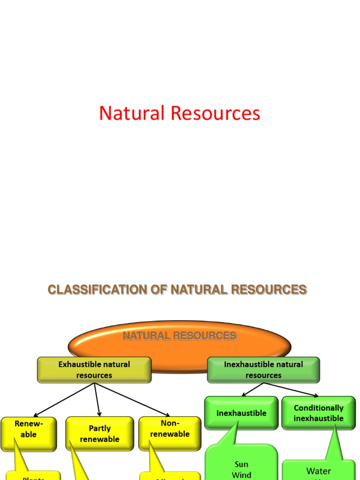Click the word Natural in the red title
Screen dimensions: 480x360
coord(132,113)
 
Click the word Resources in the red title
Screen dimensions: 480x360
coord(215,113)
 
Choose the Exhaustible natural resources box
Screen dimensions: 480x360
coord(94,370)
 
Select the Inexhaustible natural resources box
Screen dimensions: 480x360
coord(263,370)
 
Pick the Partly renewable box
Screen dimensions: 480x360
coord(99,434)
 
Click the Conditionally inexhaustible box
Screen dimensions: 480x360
coord(318,413)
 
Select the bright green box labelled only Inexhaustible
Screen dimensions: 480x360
coord(241,413)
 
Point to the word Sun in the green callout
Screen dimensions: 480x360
coord(241,465)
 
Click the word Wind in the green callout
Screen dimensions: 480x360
coord(241,475)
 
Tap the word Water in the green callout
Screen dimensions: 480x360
coord(318,471)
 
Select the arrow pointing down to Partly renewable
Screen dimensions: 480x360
coord(97,399)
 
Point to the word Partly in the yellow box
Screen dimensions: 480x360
coord(99,428)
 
